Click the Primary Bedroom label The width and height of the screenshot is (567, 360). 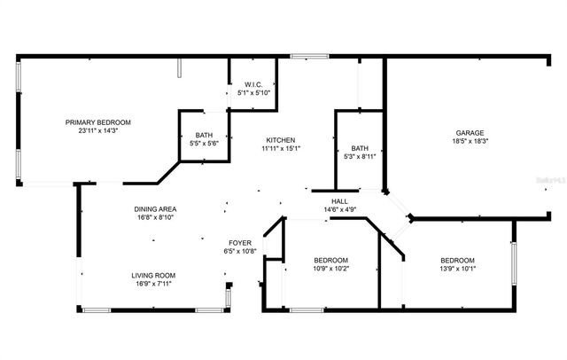click(98, 122)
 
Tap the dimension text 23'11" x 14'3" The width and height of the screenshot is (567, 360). click(98, 131)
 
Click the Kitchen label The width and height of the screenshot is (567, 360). click(281, 140)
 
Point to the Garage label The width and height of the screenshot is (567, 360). click(470, 132)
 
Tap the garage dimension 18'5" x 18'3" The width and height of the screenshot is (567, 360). click(470, 141)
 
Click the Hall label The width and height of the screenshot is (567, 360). click(338, 201)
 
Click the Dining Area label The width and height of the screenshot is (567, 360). click(153, 208)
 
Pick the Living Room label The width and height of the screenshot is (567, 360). click(153, 276)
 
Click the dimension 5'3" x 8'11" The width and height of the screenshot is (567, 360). click(360, 157)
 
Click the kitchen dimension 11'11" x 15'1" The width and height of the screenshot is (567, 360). click(281, 149)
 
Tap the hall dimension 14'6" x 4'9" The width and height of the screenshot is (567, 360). click(338, 210)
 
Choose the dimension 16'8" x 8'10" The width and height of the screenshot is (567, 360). click(153, 217)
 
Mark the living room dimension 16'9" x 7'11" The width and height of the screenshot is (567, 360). click(153, 285)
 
